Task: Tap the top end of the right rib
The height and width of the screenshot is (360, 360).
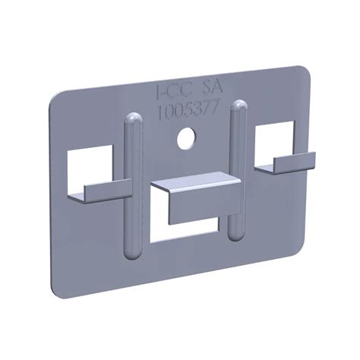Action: (238, 105)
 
